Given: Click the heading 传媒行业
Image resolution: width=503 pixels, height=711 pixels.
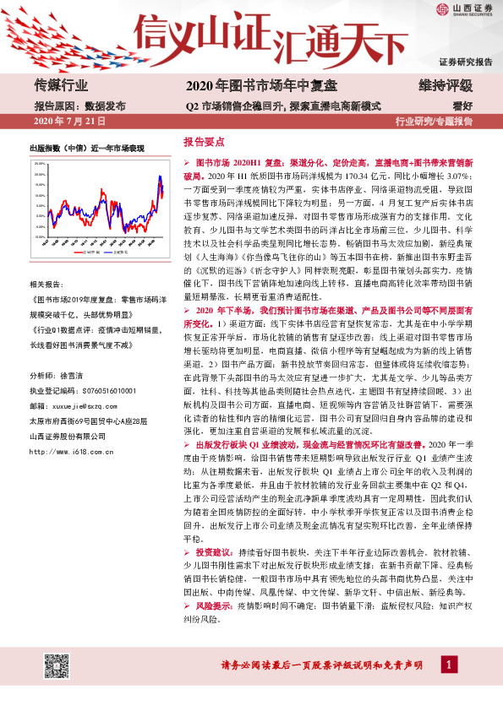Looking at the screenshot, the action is pos(62,86).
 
